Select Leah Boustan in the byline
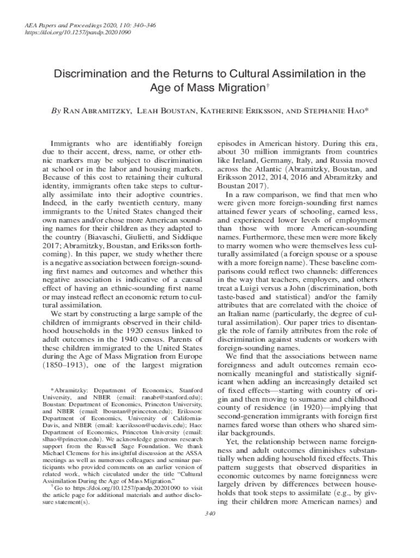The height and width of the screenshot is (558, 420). pos(166,112)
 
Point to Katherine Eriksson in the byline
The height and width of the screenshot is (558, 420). pos(238,112)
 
